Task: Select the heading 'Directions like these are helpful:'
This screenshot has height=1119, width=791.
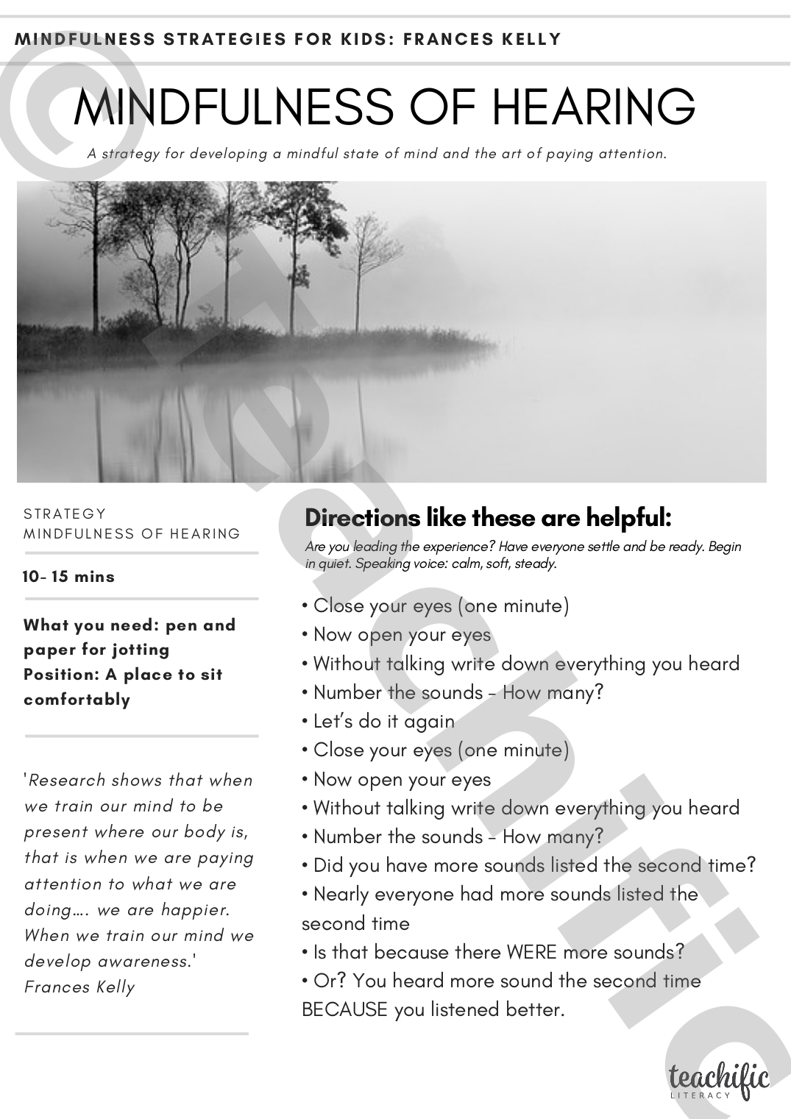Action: coord(488,518)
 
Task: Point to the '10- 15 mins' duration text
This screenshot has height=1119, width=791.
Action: coord(69,576)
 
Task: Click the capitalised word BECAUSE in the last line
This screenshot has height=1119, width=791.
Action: coord(344,1009)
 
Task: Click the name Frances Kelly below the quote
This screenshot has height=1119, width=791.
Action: coord(79,987)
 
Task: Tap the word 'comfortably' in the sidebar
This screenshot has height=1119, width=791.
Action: coord(77,699)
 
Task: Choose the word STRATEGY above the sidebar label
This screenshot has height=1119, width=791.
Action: coord(65,514)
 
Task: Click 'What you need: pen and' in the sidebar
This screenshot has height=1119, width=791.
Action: coord(130,625)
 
